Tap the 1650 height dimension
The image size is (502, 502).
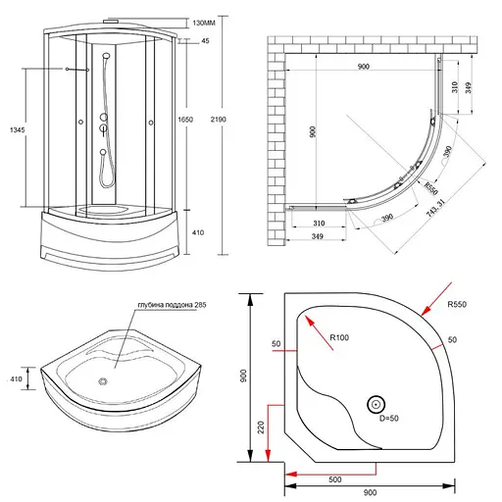click(x=199, y=119)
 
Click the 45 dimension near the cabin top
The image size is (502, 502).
click(x=205, y=41)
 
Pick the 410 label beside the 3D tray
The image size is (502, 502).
click(x=16, y=377)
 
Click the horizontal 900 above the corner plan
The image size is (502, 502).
click(x=364, y=67)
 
